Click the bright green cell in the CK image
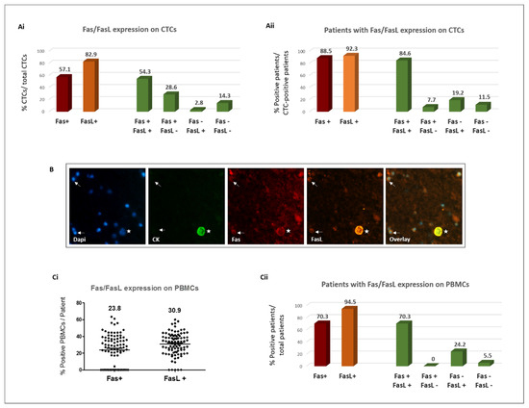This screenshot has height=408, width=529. [202, 231]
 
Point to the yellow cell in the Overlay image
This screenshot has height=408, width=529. [440, 231]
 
